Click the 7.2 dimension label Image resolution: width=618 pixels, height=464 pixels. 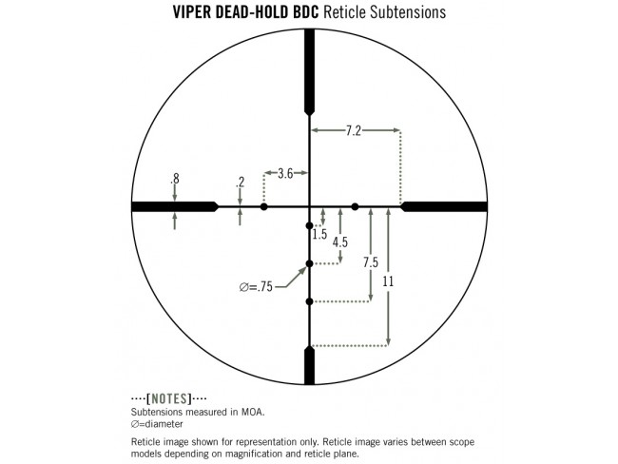(353, 130)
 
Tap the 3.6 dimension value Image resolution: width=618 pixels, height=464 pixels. (285, 173)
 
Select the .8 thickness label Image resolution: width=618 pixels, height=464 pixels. (175, 179)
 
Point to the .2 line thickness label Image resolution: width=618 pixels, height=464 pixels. (240, 182)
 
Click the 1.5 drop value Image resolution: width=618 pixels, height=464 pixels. (319, 234)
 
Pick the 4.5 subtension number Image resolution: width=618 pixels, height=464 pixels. (340, 242)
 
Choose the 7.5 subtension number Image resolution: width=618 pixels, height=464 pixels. (371, 262)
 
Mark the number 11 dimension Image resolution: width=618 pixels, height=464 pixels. (388, 281)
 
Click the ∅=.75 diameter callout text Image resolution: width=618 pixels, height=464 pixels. (256, 286)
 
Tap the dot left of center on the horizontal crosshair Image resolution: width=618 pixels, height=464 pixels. (264, 206)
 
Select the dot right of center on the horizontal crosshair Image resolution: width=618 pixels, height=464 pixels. (356, 206)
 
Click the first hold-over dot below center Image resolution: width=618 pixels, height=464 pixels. (309, 225)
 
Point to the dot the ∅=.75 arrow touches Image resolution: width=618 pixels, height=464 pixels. (309, 263)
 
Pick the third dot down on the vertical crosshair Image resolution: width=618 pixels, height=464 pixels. (309, 301)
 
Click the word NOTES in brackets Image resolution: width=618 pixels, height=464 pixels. (168, 398)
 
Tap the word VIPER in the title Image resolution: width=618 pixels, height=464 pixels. (192, 12)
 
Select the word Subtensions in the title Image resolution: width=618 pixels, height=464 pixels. (408, 12)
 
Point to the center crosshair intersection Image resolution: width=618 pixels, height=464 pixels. (309, 206)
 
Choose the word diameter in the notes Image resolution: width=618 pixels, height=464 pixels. (161, 424)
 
